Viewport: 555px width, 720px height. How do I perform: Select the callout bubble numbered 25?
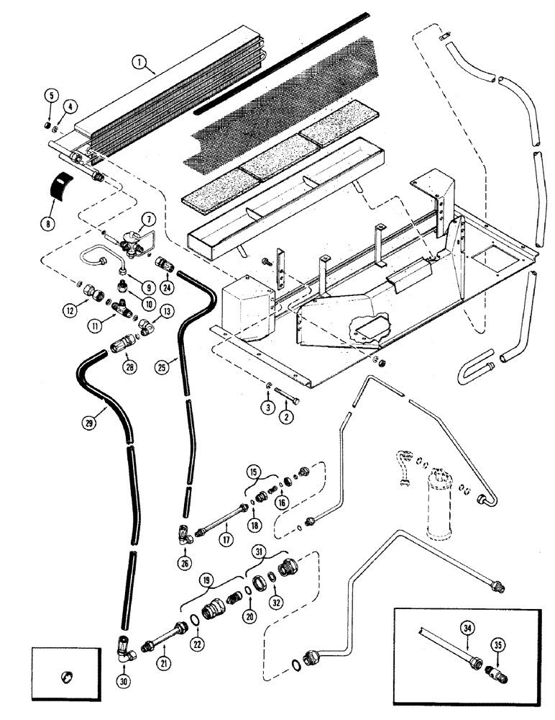click(x=163, y=366)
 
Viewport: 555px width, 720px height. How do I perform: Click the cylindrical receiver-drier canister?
click(x=439, y=504)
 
